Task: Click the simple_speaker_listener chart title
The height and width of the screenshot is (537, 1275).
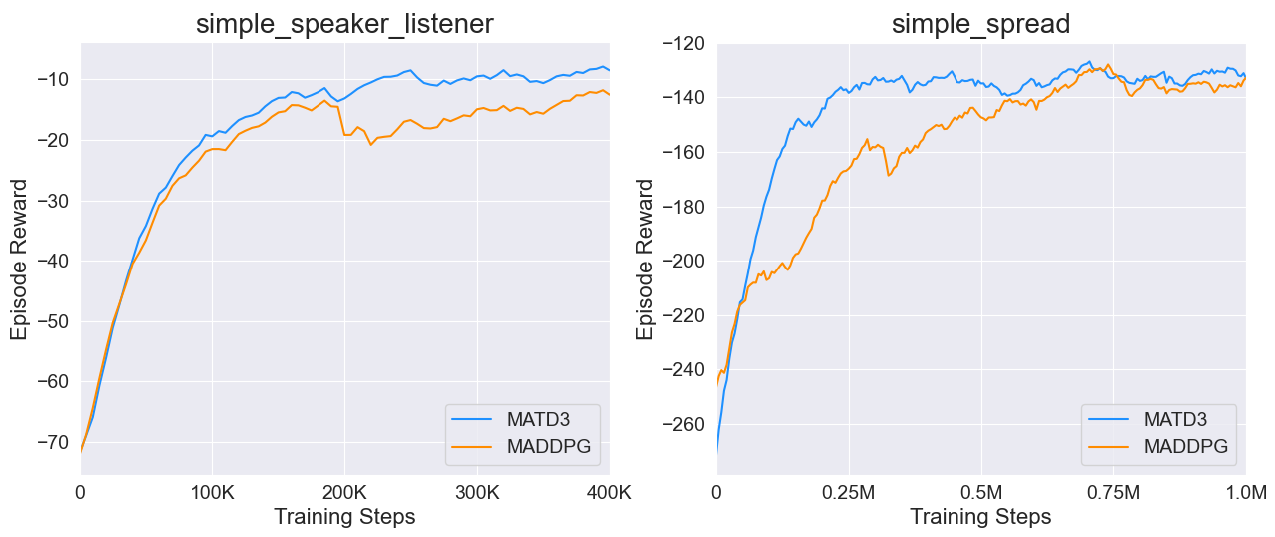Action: pyautogui.click(x=344, y=24)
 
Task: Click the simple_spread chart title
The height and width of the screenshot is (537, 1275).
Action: pyautogui.click(x=980, y=24)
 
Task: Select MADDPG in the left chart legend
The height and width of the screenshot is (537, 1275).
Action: pyautogui.click(x=548, y=446)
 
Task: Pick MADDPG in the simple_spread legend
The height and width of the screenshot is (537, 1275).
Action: pyautogui.click(x=1184, y=446)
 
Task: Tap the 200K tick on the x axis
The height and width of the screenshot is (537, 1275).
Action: pyautogui.click(x=344, y=491)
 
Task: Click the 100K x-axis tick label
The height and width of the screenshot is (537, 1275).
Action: pyautogui.click(x=212, y=491)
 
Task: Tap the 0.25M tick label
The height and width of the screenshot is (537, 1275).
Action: pyautogui.click(x=849, y=491)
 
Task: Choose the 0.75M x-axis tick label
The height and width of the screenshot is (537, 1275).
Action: pyautogui.click(x=1112, y=491)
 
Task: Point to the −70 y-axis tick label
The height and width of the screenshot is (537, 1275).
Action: pyautogui.click(x=55, y=441)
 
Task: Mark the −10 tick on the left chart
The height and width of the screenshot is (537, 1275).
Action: pyautogui.click(x=55, y=79)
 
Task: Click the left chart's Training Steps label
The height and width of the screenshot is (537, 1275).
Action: pyautogui.click(x=344, y=517)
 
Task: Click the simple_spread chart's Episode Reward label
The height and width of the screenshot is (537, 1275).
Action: pyautogui.click(x=646, y=260)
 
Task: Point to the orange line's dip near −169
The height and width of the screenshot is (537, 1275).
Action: pyautogui.click(x=888, y=176)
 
